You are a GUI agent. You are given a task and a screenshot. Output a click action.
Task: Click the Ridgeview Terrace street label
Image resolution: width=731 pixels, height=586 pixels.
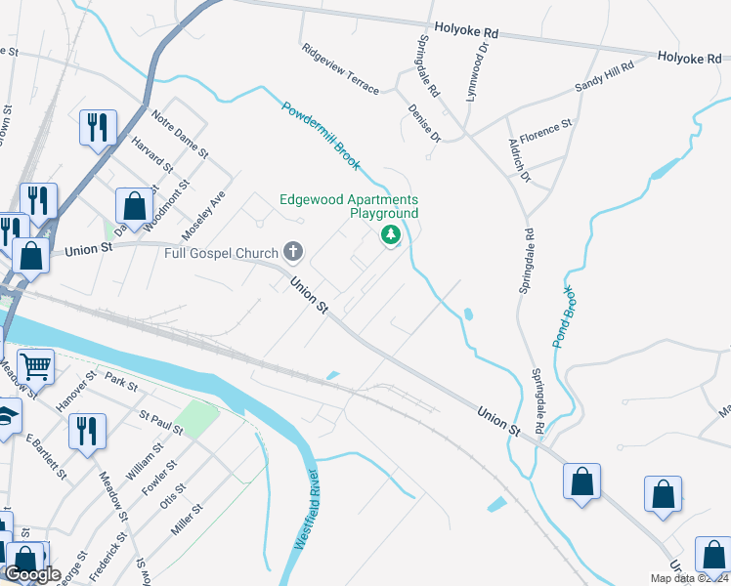[x=340, y=68]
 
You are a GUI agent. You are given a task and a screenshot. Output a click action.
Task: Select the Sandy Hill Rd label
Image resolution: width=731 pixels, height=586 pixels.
[x=604, y=76]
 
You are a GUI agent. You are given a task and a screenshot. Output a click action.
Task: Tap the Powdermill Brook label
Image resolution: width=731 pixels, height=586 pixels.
[x=322, y=135]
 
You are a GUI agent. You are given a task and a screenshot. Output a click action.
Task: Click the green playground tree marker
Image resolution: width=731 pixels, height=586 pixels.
[x=391, y=234]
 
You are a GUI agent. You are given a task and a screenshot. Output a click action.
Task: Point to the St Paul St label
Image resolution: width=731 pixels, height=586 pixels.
[x=161, y=423]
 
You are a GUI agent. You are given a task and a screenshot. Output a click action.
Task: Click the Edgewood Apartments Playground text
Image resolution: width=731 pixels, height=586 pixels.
[x=349, y=205]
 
